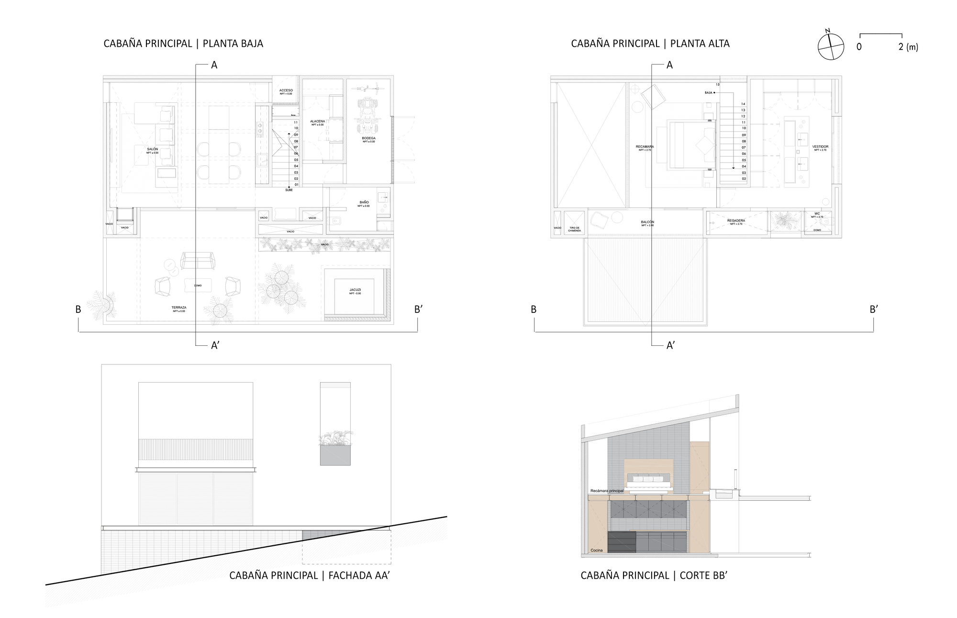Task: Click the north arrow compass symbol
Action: (831, 46)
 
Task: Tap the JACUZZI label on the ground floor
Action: (355, 290)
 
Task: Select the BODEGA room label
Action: (368, 138)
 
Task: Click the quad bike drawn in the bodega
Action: (367, 116)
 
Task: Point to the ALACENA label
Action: (317, 121)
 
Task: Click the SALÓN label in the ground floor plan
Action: (152, 149)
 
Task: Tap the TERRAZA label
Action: (179, 308)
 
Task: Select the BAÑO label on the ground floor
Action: (364, 202)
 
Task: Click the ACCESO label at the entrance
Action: (286, 90)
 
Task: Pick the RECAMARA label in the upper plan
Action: (645, 147)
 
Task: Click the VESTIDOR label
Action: (820, 147)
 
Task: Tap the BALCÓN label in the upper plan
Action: (647, 222)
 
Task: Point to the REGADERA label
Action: (736, 221)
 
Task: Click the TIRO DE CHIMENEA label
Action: (575, 229)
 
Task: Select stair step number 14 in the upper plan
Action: (743, 104)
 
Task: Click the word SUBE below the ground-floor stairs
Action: (289, 190)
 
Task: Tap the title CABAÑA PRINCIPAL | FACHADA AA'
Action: (310, 575)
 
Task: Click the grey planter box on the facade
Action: (335, 455)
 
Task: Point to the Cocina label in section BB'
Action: (596, 550)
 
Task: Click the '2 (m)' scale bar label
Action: (908, 47)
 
